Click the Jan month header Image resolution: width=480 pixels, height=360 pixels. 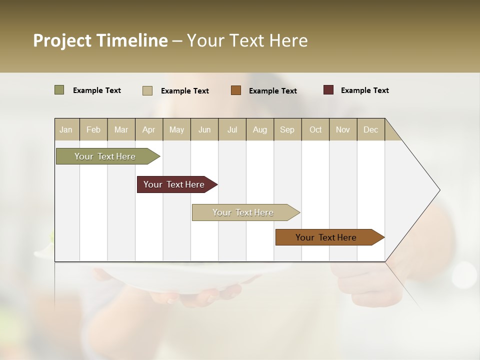66,129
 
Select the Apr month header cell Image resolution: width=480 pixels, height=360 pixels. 148,129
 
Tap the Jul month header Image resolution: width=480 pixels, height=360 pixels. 232,129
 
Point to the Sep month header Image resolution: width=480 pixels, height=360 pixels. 287,129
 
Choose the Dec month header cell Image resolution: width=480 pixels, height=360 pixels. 370,129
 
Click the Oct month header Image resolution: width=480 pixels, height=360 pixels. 315,129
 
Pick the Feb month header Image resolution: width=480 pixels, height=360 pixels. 93,129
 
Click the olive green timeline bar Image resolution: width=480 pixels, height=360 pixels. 105,156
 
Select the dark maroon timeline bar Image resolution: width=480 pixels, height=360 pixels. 174,184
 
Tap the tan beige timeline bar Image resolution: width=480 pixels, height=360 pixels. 243,212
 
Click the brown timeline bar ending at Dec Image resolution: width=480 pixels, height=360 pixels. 326,237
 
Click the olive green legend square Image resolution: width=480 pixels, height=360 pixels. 59,90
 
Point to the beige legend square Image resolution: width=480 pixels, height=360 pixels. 147,90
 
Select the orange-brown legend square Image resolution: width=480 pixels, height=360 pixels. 235,90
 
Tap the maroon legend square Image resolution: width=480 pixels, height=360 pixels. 328,90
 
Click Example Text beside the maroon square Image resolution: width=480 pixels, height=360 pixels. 364,90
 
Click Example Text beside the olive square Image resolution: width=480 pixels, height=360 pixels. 96,90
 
